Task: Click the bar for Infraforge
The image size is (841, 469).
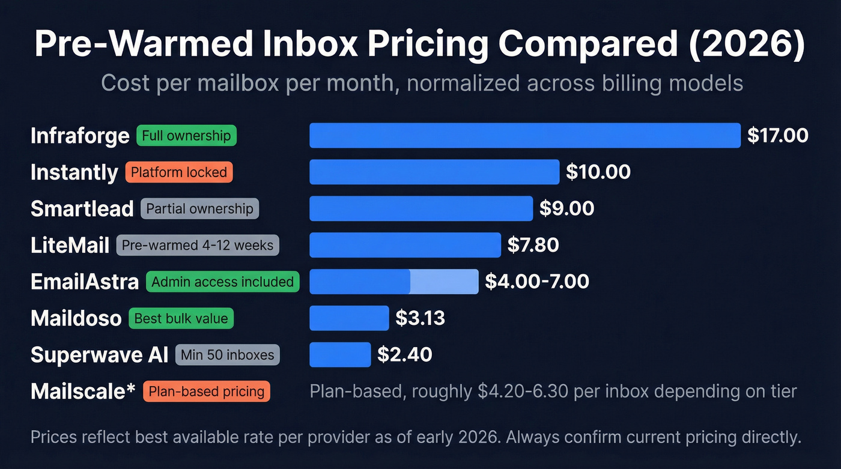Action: click(x=524, y=135)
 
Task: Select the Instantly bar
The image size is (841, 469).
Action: click(x=434, y=172)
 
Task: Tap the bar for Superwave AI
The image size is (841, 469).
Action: click(x=340, y=354)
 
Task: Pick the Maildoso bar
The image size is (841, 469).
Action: click(x=349, y=318)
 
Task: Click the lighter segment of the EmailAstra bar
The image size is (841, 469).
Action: click(x=445, y=282)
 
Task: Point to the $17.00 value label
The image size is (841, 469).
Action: click(x=777, y=135)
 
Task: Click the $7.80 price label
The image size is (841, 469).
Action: click(x=533, y=245)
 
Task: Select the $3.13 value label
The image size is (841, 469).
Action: click(x=420, y=318)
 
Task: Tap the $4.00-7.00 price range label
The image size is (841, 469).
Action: click(x=536, y=282)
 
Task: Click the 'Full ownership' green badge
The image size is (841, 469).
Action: click(x=186, y=136)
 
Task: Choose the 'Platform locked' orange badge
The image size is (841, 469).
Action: click(x=178, y=172)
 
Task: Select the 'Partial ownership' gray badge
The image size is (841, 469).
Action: click(x=199, y=209)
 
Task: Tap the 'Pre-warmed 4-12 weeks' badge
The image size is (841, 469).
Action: click(x=197, y=245)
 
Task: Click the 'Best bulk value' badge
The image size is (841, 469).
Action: click(x=181, y=318)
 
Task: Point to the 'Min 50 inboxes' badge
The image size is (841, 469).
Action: click(x=227, y=355)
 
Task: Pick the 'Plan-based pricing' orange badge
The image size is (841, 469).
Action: click(x=206, y=392)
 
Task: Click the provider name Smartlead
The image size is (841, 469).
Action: click(x=82, y=208)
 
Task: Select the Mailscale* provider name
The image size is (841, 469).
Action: click(x=83, y=392)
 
